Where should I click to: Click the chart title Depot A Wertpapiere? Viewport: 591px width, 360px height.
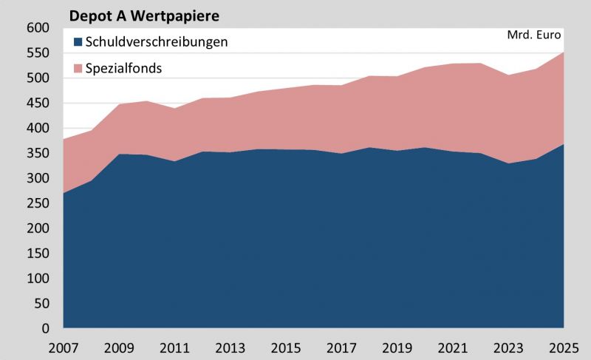pos(144,15)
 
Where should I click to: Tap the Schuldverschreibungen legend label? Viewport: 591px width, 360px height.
pos(157,42)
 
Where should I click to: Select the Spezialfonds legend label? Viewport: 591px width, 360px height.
pos(123,68)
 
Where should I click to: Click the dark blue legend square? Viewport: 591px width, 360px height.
pos(78,42)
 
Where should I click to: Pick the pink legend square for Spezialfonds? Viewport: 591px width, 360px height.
pos(78,68)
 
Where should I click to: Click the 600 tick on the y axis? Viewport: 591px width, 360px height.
pos(37,28)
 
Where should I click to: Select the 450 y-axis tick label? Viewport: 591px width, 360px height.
pos(37,103)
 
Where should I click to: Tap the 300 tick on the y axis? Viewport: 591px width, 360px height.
pos(37,178)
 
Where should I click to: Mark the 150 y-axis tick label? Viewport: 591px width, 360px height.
pos(37,254)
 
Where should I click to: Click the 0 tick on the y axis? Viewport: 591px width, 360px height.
pos(45,328)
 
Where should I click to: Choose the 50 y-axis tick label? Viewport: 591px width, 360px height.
pos(41,304)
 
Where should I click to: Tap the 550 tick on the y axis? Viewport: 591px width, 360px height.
pos(37,53)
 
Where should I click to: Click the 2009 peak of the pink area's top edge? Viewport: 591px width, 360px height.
pos(119,104)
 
